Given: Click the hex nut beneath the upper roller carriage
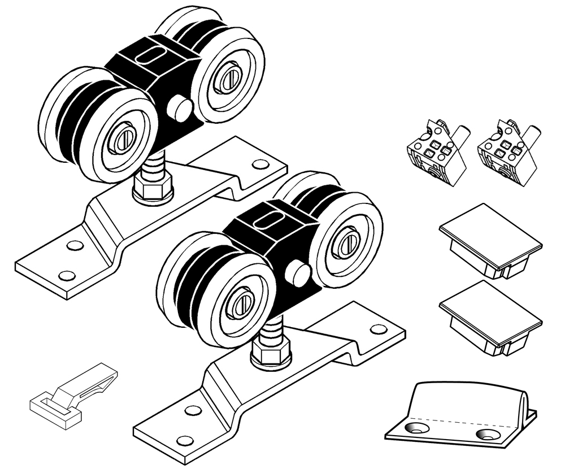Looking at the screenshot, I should click(x=153, y=186).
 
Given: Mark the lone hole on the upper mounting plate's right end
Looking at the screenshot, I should click(x=260, y=164).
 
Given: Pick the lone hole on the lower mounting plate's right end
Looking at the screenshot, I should click(x=376, y=328).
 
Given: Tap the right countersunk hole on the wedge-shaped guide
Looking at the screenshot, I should click(x=486, y=435).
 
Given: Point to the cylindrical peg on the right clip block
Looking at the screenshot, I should click(x=531, y=136).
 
